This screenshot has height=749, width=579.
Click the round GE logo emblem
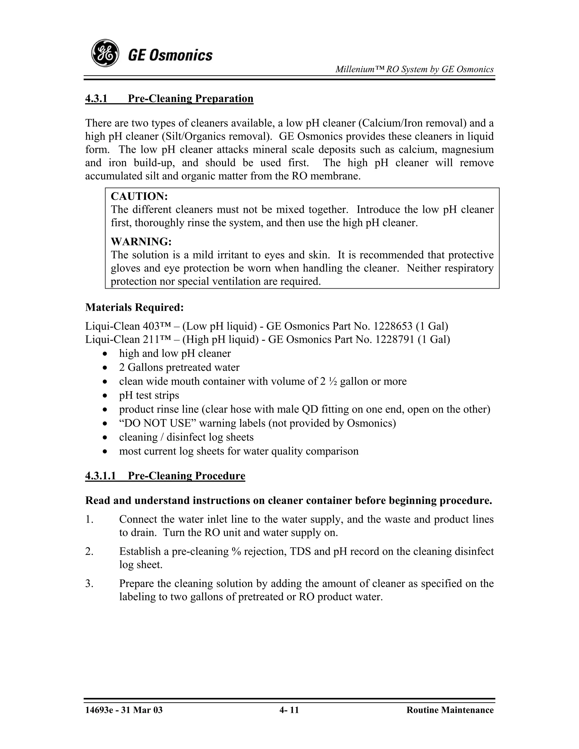pos(105,53)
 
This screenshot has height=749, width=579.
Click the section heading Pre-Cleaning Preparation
pos(190,99)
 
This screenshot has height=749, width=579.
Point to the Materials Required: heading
pos(135,307)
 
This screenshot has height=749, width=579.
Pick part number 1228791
pos(394,339)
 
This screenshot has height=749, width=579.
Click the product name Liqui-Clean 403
pos(118,326)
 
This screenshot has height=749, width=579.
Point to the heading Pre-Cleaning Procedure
pos(186,476)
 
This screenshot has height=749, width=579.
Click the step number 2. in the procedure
pos(89,551)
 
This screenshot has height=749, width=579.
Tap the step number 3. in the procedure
pos(89,584)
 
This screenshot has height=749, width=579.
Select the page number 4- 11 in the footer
pos(289,710)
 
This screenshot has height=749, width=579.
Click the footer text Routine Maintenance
pos(450,710)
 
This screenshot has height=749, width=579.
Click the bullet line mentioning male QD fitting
pos(304,410)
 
